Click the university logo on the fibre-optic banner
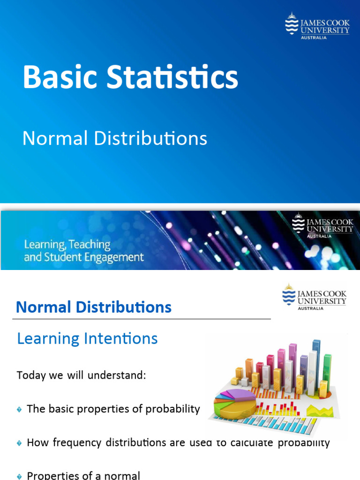tap(322, 226)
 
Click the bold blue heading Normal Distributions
tap(94, 307)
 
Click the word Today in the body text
tap(30, 375)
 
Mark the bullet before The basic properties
tap(19, 410)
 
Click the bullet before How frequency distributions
tap(19, 443)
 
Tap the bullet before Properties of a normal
tap(19, 476)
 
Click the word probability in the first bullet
tap(173, 409)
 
